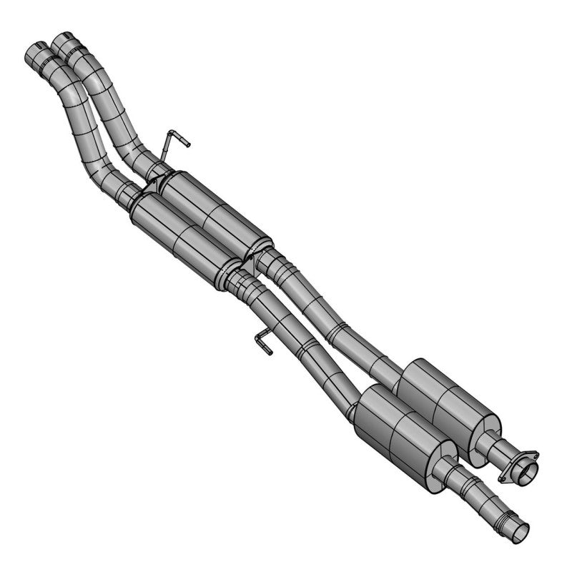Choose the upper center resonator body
pos(214,212)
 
